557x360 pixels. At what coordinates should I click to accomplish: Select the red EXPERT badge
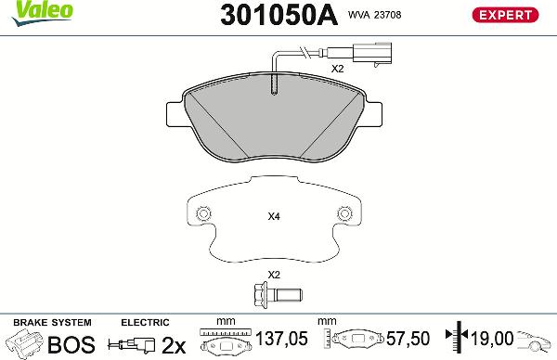(506, 15)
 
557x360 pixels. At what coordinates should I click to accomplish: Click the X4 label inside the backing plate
(273, 217)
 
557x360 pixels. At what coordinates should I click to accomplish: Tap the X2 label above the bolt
(273, 275)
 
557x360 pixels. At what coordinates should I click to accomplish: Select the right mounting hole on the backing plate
(344, 213)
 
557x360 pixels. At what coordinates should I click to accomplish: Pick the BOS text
(71, 344)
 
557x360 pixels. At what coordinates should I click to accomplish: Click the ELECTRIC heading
(145, 322)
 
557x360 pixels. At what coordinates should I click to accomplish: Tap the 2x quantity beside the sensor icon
(174, 344)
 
